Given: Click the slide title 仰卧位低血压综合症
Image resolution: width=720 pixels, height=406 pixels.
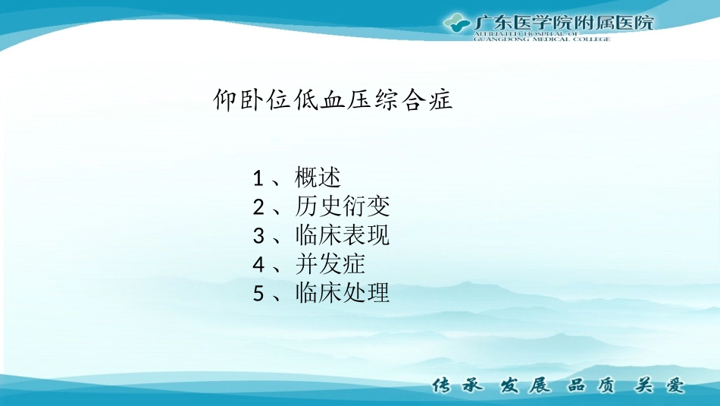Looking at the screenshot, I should click(333, 100).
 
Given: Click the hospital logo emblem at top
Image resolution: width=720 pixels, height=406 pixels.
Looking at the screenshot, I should click(456, 23).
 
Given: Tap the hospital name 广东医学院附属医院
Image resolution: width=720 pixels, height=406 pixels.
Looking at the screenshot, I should click(563, 22).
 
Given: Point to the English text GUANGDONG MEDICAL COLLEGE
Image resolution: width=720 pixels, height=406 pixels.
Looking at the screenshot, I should click(541, 39).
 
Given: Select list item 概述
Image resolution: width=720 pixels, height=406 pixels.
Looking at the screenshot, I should click(318, 178).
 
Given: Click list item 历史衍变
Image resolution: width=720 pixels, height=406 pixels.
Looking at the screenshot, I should click(343, 207).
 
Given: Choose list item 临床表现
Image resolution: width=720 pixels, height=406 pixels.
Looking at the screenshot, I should click(343, 236).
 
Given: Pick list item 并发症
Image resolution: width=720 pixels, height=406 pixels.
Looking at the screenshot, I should click(330, 265).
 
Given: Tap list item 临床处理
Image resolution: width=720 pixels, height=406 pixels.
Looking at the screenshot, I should click(343, 294).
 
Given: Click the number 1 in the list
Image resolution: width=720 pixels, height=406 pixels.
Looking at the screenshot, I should click(258, 179).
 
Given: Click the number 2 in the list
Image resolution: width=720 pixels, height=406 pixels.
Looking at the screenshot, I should click(258, 208).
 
